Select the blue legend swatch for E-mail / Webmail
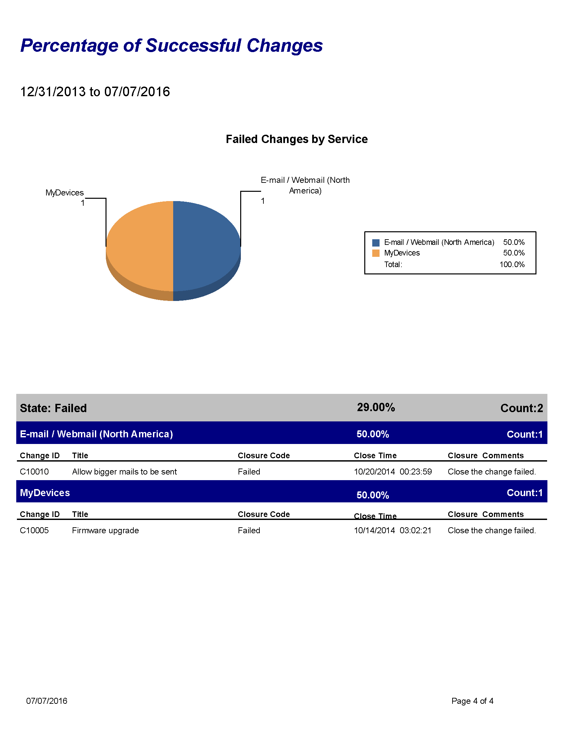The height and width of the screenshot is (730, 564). point(376,243)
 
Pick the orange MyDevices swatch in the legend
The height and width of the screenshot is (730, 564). point(376,253)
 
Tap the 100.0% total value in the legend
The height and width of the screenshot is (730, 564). point(512,264)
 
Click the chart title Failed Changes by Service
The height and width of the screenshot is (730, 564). point(297,139)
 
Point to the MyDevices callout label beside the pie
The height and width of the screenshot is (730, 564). point(64,193)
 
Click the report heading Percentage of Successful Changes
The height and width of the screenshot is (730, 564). point(172,45)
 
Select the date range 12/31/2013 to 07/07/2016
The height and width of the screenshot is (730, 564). point(95,92)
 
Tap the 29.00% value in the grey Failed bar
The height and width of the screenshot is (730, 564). point(376,407)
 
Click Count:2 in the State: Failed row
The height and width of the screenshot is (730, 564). point(522,408)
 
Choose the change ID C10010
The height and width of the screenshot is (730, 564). point(35,472)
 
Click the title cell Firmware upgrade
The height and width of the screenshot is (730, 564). point(105,531)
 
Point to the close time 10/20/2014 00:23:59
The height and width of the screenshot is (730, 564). point(393,472)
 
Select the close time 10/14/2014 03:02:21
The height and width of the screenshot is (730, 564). point(392,531)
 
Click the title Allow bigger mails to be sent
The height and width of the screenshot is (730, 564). point(125,472)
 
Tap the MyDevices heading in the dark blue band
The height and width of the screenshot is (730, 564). point(45,493)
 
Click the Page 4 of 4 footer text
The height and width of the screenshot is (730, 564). point(472,701)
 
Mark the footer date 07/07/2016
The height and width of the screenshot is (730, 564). point(47,701)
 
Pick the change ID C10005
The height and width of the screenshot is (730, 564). point(35,531)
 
